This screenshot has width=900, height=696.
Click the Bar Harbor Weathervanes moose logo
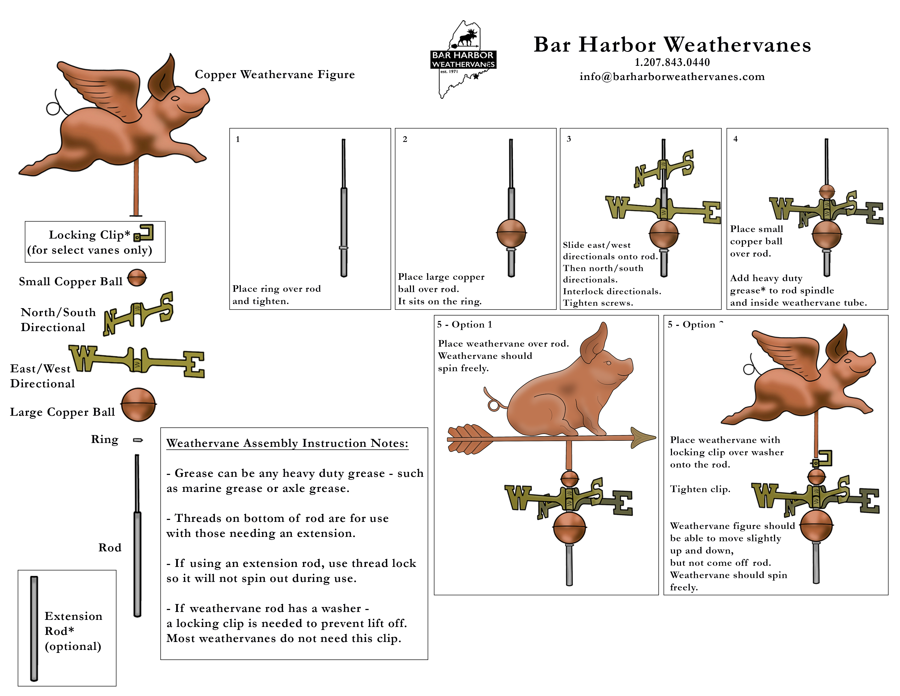pyautogui.click(x=463, y=59)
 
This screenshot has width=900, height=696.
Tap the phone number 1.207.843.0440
pyautogui.click(x=672, y=62)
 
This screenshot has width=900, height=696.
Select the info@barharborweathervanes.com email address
pyautogui.click(x=672, y=77)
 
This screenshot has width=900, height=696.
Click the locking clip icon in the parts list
pyautogui.click(x=144, y=233)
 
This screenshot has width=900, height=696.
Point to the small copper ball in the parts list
pyautogui.click(x=137, y=278)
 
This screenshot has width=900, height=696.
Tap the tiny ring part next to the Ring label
pyautogui.click(x=138, y=440)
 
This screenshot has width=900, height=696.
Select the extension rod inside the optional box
pyautogui.click(x=34, y=628)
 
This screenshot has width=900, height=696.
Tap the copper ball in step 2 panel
pyautogui.click(x=511, y=233)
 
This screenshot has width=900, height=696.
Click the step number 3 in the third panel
pyautogui.click(x=569, y=139)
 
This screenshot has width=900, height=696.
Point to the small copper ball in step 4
pyautogui.click(x=827, y=192)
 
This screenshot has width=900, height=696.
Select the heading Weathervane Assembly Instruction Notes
pyautogui.click(x=287, y=443)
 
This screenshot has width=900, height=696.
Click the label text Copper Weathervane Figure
pyautogui.click(x=274, y=75)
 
